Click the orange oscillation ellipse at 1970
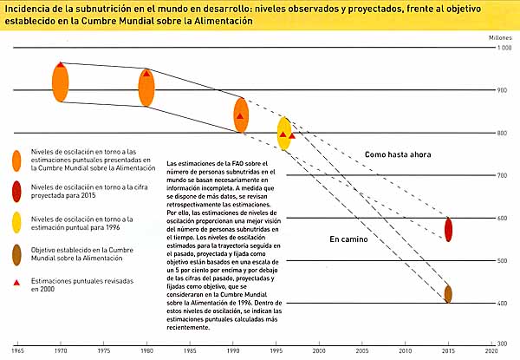pyautogui.click(x=60, y=83)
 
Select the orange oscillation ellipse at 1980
pyautogui.click(x=146, y=88)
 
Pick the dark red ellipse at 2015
pyautogui.click(x=448, y=229)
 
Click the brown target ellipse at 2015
pyautogui.click(x=448, y=293)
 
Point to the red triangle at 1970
pyautogui.click(x=60, y=65)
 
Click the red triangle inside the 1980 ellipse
pyautogui.click(x=146, y=74)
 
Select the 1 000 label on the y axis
pyautogui.click(x=504, y=47)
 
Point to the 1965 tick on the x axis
pyautogui.click(x=17, y=351)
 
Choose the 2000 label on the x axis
pyautogui.click(x=319, y=351)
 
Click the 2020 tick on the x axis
pyautogui.click(x=491, y=351)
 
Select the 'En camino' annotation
pyautogui.click(x=349, y=237)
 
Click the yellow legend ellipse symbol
pyautogui.click(x=16, y=225)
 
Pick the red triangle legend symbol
pyautogui.click(x=16, y=284)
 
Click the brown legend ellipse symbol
pyautogui.click(x=16, y=256)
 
